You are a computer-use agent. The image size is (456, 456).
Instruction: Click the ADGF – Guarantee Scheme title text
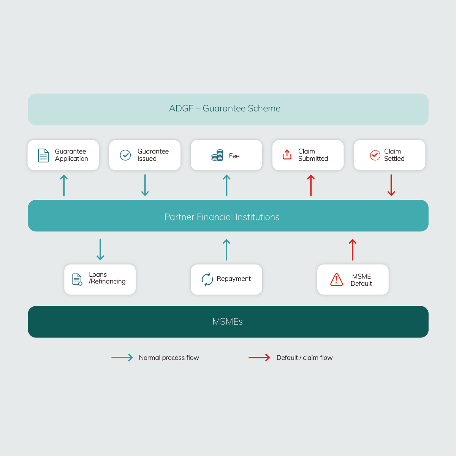[225, 108]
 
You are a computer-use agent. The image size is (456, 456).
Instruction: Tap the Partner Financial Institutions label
[222, 217]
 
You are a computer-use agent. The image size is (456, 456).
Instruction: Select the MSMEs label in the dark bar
[227, 321]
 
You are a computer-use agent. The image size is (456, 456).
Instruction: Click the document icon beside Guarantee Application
[43, 155]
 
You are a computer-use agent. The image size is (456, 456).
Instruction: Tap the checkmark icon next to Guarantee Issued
[125, 155]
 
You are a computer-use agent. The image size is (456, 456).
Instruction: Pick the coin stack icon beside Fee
[217, 155]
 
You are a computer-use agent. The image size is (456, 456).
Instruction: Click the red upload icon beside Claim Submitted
[287, 154]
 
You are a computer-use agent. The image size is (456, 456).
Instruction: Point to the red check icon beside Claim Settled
[375, 155]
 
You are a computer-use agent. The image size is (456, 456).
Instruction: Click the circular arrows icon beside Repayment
[207, 279]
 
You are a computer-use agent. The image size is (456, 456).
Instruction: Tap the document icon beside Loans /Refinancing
[77, 279]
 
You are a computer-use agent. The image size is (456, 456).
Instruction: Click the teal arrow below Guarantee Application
[64, 185]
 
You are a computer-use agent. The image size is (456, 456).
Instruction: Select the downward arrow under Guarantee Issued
[145, 185]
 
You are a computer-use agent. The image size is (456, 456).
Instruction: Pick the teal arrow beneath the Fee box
[226, 185]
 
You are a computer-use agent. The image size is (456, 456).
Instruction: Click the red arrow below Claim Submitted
[311, 185]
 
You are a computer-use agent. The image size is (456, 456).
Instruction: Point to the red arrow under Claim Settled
[391, 185]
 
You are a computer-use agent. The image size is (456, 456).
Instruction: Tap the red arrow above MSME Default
[353, 250]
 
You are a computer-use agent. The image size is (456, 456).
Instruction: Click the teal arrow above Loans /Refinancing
[100, 250]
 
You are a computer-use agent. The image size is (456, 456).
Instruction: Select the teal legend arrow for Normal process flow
[122, 358]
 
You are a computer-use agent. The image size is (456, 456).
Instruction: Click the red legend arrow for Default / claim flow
[260, 358]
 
